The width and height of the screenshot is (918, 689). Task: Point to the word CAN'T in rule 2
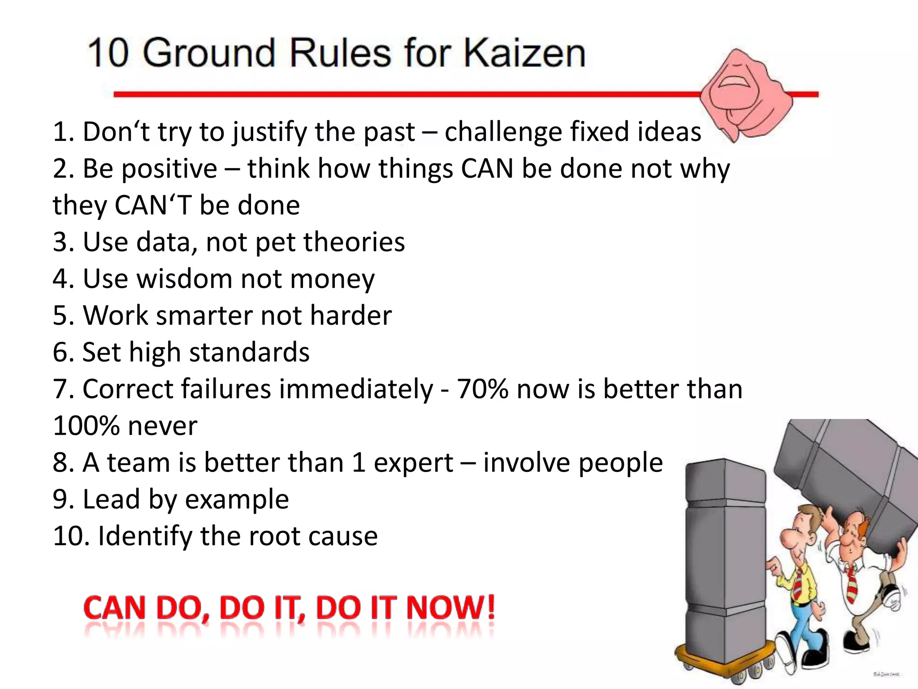[153, 205]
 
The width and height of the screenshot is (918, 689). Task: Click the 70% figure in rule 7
[483, 389]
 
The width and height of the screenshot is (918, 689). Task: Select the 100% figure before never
[85, 426]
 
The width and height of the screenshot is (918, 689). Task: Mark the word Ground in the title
[208, 54]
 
